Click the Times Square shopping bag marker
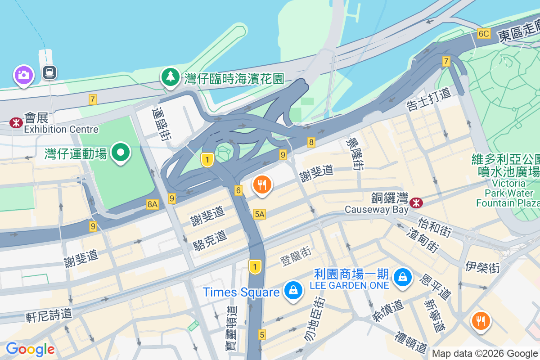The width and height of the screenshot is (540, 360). [x=293, y=291]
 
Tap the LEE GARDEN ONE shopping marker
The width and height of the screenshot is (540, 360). [x=403, y=277]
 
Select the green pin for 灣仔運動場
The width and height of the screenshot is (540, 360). [x=121, y=153]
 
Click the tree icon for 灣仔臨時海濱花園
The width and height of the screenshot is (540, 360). [x=171, y=77]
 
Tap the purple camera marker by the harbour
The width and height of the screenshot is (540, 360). [x=23, y=75]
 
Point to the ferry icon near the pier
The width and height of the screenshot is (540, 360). [x=49, y=72]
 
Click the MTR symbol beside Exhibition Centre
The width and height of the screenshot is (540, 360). [x=16, y=122]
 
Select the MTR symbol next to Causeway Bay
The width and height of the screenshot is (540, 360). [x=416, y=203]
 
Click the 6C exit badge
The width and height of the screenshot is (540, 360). [x=484, y=34]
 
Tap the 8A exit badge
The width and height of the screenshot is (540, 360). [x=153, y=204]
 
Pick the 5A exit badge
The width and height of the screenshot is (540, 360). [x=259, y=214]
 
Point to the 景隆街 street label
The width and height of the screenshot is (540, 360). [x=355, y=153]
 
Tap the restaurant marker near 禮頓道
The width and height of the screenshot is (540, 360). [x=481, y=321]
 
